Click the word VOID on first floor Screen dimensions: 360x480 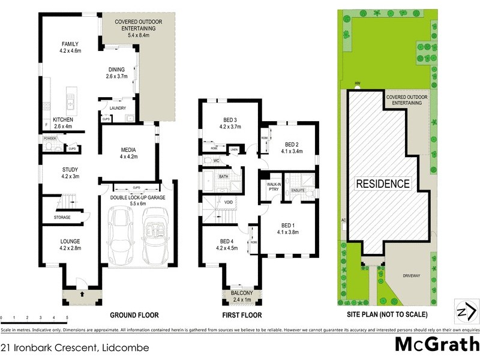(229, 203)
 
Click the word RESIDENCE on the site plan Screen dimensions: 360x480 (383, 184)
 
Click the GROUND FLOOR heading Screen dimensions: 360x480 (134, 315)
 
